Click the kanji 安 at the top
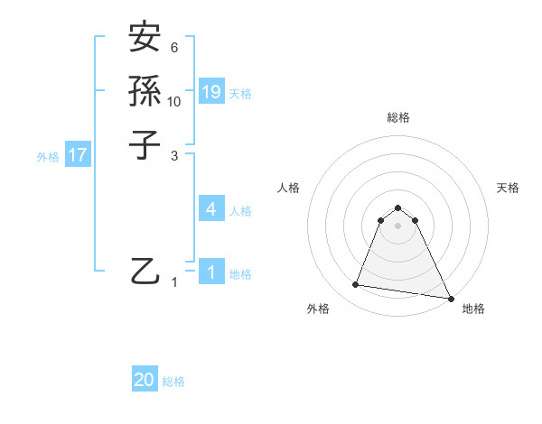point(145,40)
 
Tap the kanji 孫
point(145,91)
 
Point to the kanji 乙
point(145,270)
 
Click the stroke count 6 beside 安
point(174,48)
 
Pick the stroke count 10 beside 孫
point(174,101)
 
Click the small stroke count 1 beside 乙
point(175,282)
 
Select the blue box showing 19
point(211,92)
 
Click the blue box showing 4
point(210,209)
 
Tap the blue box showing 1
point(210,272)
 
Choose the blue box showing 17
point(78,155)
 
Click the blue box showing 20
point(145,380)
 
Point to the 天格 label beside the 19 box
point(240,94)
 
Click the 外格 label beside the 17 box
point(48,156)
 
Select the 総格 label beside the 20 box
point(173,382)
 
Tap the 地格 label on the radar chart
point(473,309)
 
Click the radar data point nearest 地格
point(450,299)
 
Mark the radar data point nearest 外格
point(356,285)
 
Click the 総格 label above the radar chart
point(397,117)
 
